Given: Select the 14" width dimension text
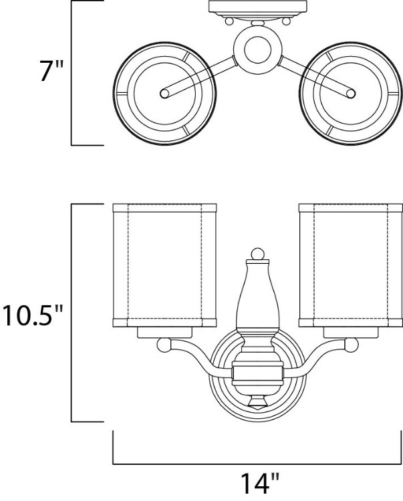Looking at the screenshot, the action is (x=259, y=484).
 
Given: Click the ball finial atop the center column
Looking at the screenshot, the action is (x=257, y=255).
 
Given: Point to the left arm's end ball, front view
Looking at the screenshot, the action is (x=164, y=345).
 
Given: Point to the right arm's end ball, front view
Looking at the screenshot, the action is (x=352, y=345).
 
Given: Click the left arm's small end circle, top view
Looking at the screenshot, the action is (x=164, y=94).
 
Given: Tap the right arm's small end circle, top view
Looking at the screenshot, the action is (x=351, y=94).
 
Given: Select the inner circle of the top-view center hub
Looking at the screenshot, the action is (x=257, y=49).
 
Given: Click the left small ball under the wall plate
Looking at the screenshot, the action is (x=229, y=21).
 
